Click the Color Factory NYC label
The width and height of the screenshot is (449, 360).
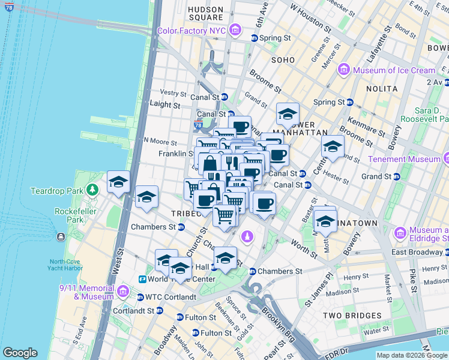pyautogui.click(x=191, y=31)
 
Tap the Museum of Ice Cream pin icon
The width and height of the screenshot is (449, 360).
pyautogui.click(x=344, y=70)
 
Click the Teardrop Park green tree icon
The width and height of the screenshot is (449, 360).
pyautogui.click(x=92, y=191)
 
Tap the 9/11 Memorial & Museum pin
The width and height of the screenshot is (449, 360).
pyautogui.click(x=123, y=292)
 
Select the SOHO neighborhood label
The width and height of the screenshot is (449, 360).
pyautogui.click(x=283, y=60)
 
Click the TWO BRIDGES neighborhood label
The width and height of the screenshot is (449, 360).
pyautogui.click(x=352, y=316)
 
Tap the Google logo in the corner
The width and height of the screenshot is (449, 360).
pyautogui.click(x=20, y=353)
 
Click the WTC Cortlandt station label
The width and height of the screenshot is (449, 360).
pyautogui.click(x=170, y=296)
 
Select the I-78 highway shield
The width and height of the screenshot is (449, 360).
pyautogui.click(x=199, y=125)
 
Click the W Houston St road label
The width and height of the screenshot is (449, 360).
pyautogui.click(x=310, y=18)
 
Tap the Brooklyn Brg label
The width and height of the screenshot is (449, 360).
pyautogui.click(x=278, y=320)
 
